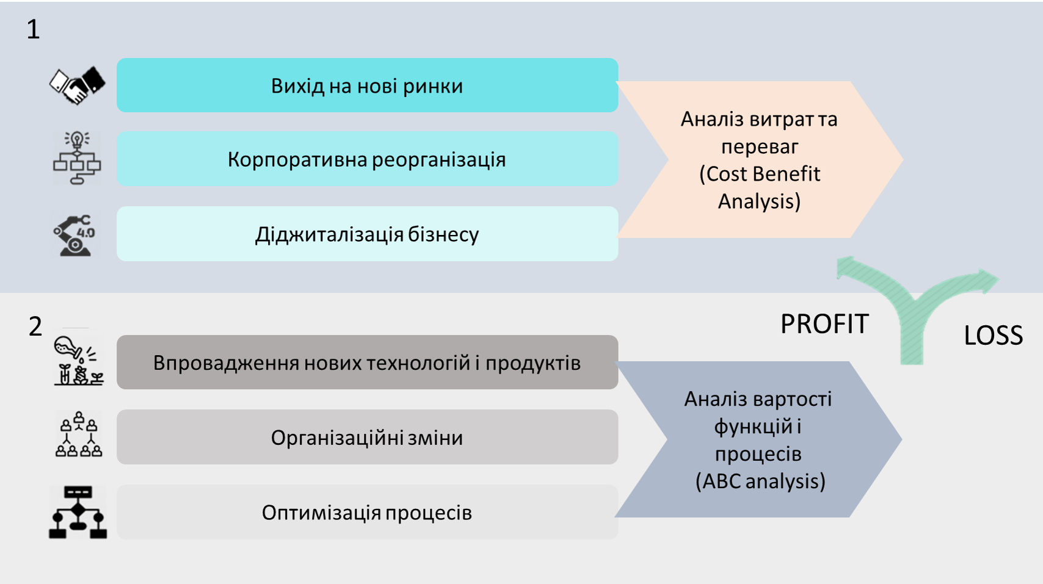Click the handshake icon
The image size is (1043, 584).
pos(78,85)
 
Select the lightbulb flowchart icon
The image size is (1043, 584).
pos(77,158)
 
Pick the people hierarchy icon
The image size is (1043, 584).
pos(79,434)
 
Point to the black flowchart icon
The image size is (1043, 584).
pos(78,513)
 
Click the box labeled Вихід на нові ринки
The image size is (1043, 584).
pos(368,85)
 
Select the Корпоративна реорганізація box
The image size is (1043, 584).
pos(368,159)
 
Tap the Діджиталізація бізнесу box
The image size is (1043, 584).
pos(368,234)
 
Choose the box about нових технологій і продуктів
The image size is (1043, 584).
pos(368,362)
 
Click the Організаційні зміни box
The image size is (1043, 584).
pos(368,437)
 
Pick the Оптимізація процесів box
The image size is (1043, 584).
pos(368,512)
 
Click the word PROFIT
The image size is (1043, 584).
pos(824,324)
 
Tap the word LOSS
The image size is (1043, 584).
pos(993,335)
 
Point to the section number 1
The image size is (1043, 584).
pos(33,29)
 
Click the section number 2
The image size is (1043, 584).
pos(35,326)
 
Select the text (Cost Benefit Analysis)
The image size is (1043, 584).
pos(760,187)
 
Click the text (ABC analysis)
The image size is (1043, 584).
pos(760,481)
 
